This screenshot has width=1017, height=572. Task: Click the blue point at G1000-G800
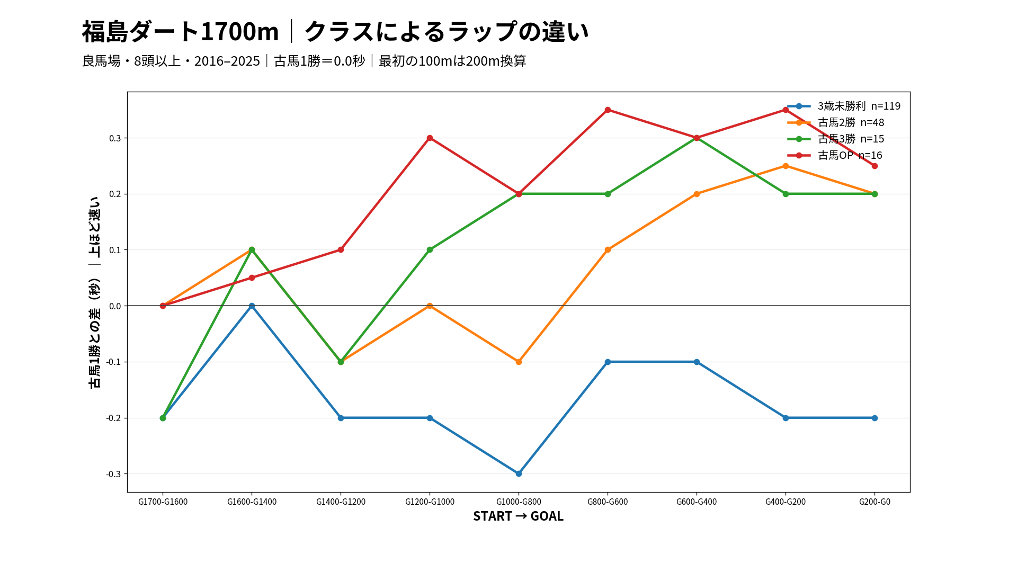click(x=519, y=473)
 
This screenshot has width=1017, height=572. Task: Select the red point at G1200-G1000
click(x=430, y=138)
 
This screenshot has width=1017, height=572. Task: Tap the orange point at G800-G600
click(x=608, y=249)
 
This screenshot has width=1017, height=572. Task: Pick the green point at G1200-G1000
click(x=430, y=249)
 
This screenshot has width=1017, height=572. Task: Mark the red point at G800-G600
click(x=608, y=110)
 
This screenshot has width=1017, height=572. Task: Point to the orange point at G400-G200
click(x=786, y=166)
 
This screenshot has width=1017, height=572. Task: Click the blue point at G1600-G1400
click(x=252, y=306)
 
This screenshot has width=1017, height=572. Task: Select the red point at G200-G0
click(x=875, y=166)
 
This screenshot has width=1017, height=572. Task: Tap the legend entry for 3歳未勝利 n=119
click(x=844, y=106)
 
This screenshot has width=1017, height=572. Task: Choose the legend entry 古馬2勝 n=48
click(x=836, y=122)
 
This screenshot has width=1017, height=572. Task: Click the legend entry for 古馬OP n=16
click(x=835, y=155)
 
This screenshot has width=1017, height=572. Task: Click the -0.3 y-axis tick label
click(x=113, y=474)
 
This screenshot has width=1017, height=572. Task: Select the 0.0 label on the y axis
click(x=115, y=306)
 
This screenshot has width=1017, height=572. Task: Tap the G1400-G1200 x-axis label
click(x=341, y=502)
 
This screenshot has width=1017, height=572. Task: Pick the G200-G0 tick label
click(x=875, y=502)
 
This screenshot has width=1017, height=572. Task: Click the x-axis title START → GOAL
click(x=518, y=516)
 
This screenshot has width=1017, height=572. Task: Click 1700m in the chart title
click(x=239, y=31)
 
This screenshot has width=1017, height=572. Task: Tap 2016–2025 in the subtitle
click(x=227, y=61)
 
